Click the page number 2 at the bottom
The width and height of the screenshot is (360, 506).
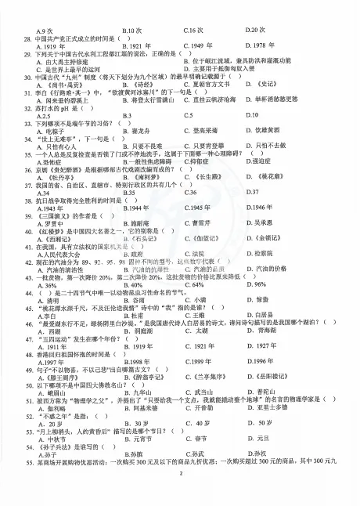coord(180,473)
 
